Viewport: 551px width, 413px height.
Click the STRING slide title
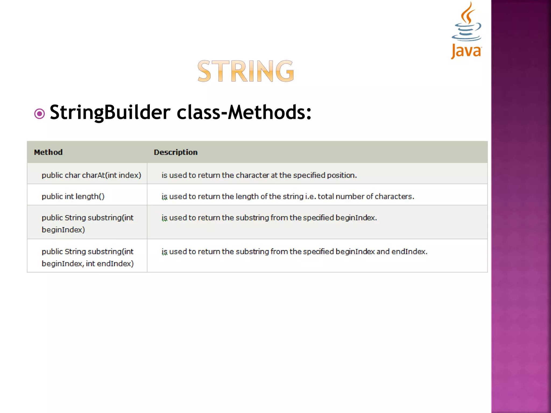246,71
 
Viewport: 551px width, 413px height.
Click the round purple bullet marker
40,114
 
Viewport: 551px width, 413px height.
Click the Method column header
48,152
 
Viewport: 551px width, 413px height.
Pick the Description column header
175,152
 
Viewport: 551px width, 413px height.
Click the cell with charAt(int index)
91,175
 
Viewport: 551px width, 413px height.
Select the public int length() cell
73,197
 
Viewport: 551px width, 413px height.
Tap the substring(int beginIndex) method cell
87,223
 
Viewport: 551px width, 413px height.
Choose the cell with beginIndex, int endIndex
87,257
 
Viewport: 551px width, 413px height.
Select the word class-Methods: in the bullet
244,112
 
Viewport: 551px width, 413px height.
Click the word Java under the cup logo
466,51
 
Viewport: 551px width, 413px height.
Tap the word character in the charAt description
252,175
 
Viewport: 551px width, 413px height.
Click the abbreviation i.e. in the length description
310,197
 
